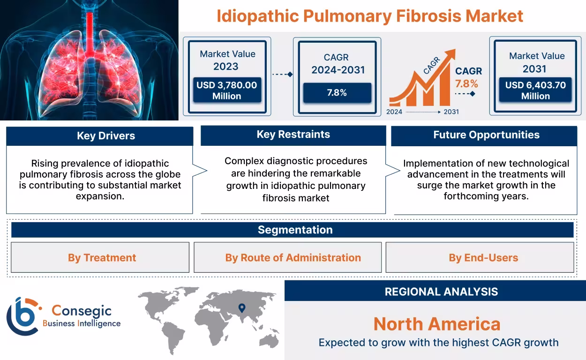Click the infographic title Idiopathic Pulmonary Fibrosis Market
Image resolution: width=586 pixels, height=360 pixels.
point(369,16)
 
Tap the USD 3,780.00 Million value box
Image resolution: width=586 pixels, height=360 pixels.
point(227,90)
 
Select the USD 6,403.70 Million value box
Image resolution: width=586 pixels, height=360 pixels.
point(535,90)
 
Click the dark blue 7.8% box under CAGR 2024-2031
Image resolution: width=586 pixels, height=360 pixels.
point(337,93)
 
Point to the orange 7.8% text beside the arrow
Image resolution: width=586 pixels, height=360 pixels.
point(466,84)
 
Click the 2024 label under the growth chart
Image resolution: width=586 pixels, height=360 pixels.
point(394,112)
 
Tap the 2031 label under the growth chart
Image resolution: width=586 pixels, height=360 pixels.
point(451,112)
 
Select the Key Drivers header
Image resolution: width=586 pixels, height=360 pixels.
point(99,136)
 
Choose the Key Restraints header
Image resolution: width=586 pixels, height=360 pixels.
point(293,135)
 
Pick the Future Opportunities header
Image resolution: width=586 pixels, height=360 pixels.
point(486,135)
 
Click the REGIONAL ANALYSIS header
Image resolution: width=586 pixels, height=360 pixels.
point(441,292)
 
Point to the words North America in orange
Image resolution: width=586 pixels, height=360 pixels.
point(436,324)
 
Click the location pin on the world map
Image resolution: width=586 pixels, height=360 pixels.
point(242,308)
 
